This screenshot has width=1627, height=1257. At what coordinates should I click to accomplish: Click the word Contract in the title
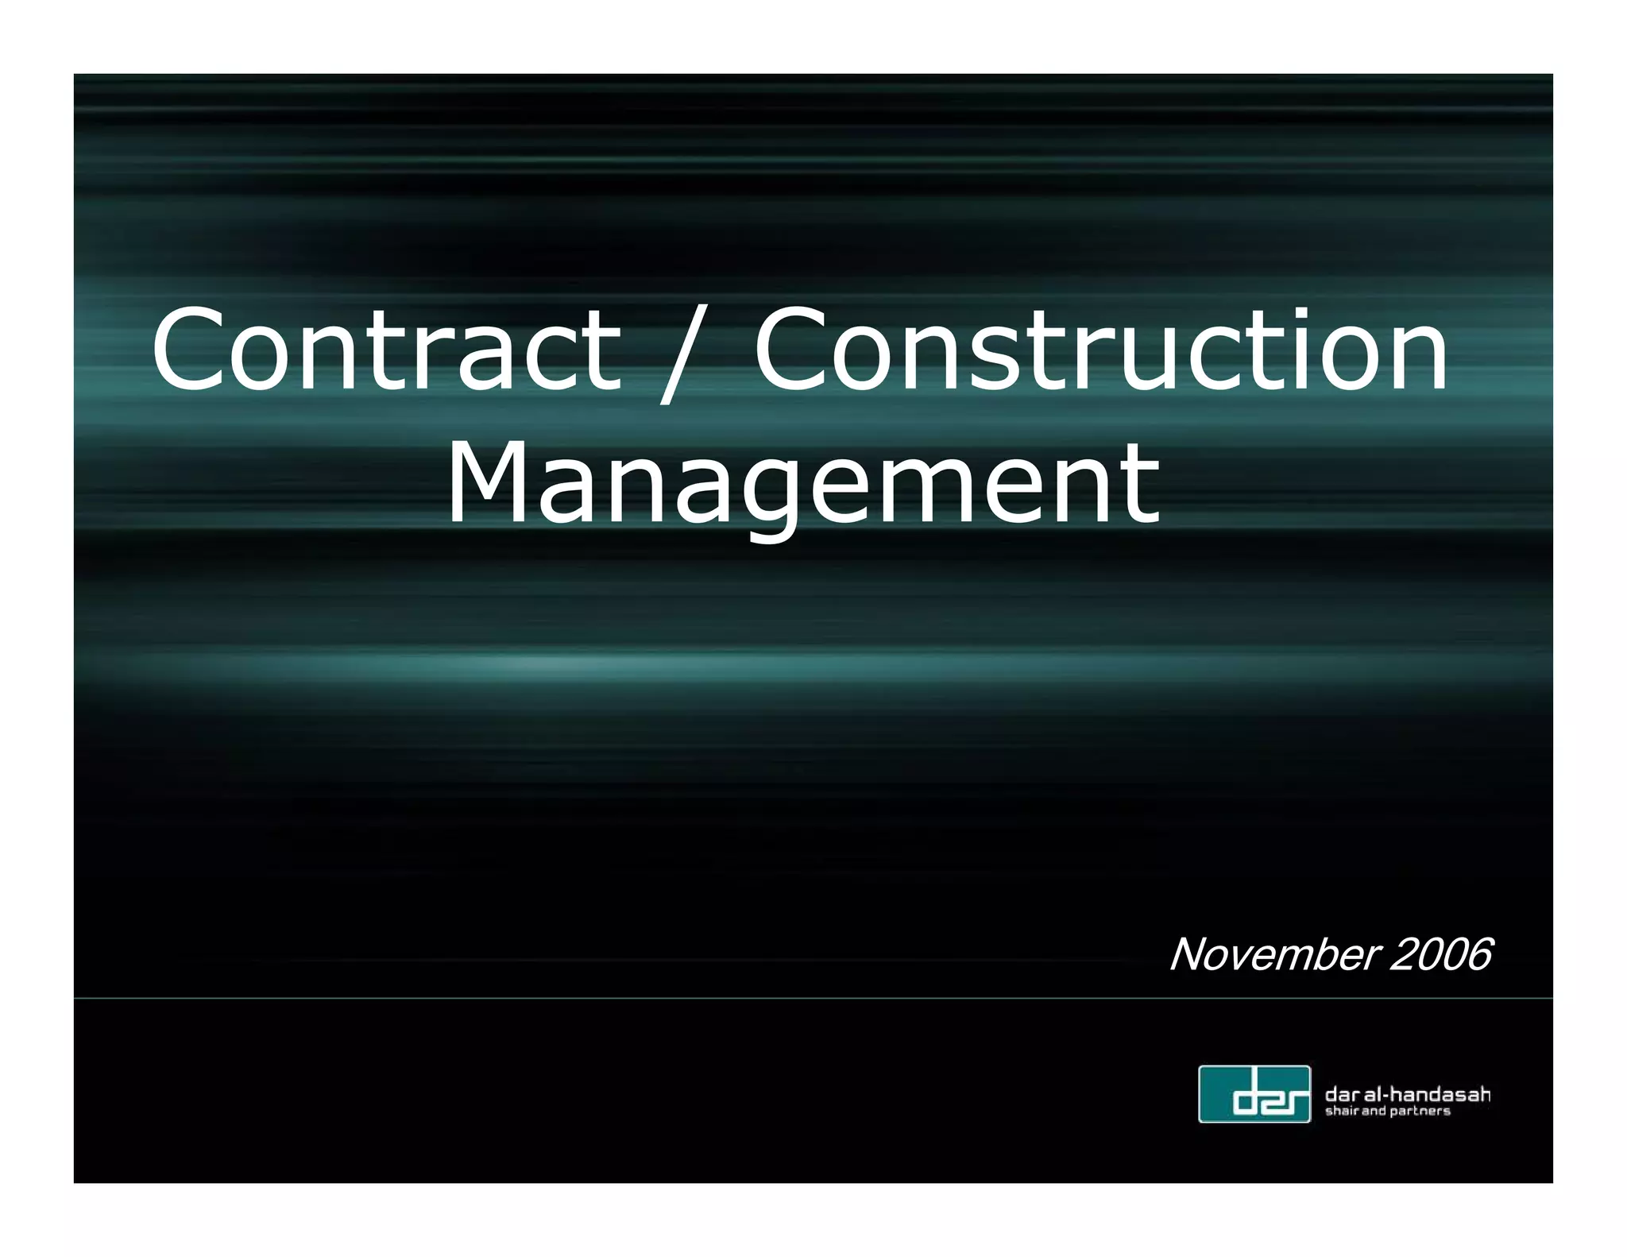pos(386,350)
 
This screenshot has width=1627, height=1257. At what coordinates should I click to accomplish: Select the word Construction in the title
pos(1100,350)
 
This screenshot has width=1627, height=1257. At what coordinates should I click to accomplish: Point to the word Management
pos(802,485)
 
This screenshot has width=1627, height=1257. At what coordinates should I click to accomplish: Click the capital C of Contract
pos(187,349)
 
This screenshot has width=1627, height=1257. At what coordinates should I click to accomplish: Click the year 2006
pos(1440,954)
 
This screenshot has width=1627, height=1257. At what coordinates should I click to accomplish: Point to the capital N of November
pos(1189,954)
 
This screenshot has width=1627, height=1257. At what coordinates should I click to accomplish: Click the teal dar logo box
pos(1254,1094)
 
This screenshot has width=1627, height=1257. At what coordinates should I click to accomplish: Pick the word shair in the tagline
pos(1342,1111)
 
